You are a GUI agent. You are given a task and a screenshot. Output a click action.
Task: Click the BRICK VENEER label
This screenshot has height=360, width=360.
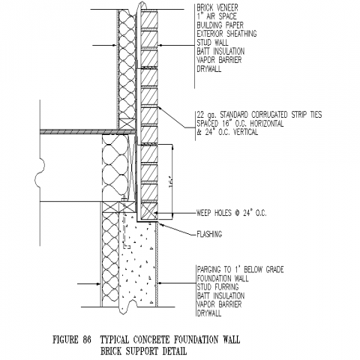click(x=217, y=7)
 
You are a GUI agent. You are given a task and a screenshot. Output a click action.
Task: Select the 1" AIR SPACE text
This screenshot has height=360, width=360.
click(x=217, y=16)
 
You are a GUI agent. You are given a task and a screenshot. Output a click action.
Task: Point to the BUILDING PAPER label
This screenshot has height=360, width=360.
click(x=220, y=25)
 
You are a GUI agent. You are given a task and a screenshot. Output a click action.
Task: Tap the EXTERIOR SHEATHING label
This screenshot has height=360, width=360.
click(x=226, y=34)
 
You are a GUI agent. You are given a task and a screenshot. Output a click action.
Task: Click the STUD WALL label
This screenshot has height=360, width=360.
click(x=212, y=43)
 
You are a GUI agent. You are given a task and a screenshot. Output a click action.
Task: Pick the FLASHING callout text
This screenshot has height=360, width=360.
click(x=209, y=234)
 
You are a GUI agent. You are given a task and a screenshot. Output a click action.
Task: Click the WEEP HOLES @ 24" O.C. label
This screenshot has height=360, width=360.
click(x=232, y=213)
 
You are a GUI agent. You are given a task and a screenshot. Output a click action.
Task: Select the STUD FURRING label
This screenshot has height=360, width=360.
click(x=217, y=286)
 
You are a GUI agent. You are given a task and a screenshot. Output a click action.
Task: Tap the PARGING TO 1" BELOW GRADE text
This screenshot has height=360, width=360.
click(x=240, y=269)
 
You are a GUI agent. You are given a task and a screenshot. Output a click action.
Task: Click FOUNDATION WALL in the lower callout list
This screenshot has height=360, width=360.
click(x=223, y=278)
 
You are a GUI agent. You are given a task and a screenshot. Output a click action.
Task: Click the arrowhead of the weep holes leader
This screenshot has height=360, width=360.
click(x=156, y=213)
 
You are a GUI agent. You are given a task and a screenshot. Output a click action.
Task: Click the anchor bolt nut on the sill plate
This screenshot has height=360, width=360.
click(x=124, y=199)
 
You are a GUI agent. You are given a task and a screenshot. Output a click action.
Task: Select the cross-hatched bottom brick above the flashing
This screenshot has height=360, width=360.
click(x=149, y=211)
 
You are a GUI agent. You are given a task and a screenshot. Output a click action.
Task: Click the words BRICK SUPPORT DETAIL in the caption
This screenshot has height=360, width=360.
click(x=143, y=351)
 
